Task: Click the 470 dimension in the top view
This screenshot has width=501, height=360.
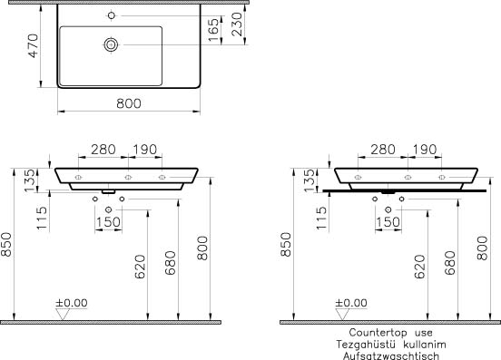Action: click(34, 46)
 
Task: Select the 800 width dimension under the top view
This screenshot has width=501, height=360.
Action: click(129, 103)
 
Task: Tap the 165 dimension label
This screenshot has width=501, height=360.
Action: click(213, 30)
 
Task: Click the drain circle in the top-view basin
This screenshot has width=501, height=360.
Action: click(111, 45)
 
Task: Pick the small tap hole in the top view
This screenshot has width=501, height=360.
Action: click(112, 15)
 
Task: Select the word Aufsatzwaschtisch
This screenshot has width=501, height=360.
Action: click(391, 355)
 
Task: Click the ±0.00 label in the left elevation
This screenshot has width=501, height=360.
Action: click(72, 303)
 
